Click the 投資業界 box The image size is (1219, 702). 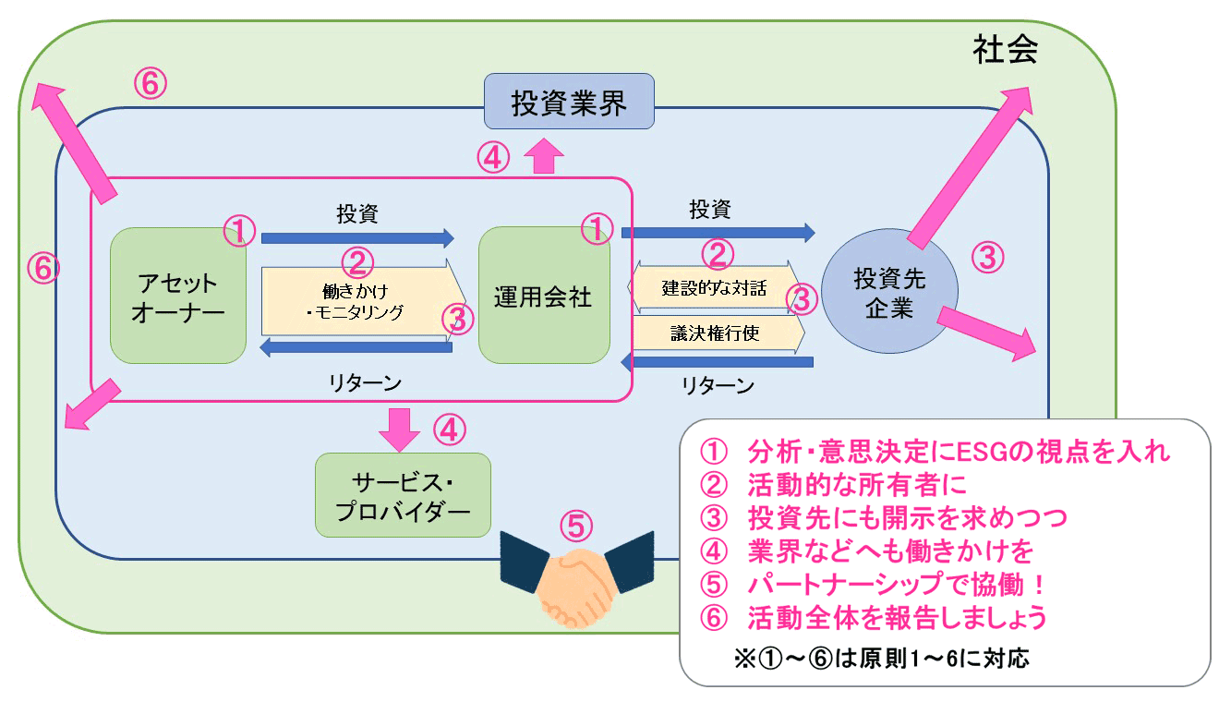pyautogui.click(x=569, y=102)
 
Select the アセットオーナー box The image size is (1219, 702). pyautogui.click(x=178, y=297)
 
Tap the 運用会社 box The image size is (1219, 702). pyautogui.click(x=543, y=297)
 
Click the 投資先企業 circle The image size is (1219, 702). pyautogui.click(x=888, y=293)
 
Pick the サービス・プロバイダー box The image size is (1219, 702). pyautogui.click(x=403, y=495)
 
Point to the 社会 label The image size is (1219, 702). pyautogui.click(x=1005, y=50)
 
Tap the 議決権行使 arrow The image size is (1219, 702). pyautogui.click(x=716, y=333)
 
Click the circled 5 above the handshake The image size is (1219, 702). pyautogui.click(x=575, y=526)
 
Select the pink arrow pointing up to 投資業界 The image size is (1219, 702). pyautogui.click(x=545, y=156)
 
